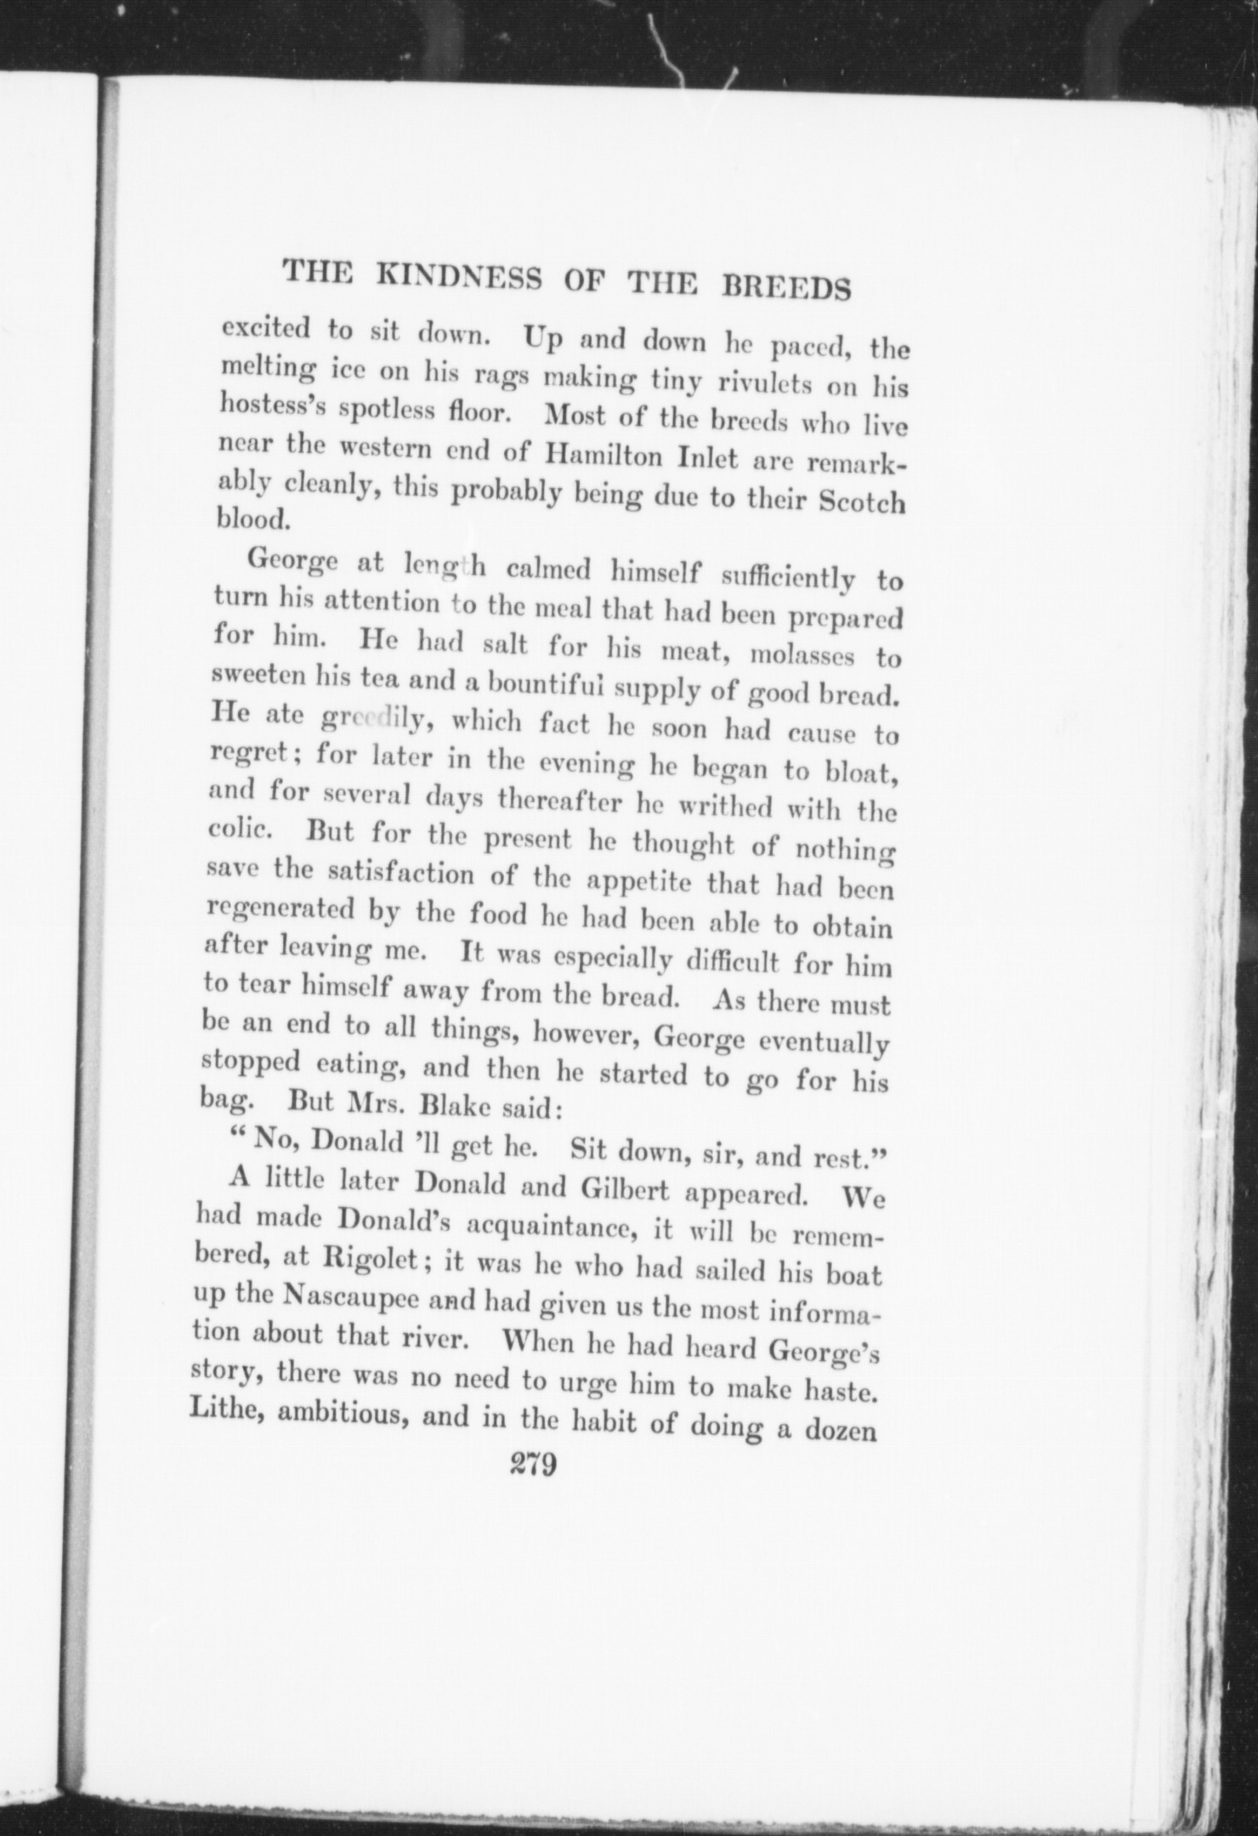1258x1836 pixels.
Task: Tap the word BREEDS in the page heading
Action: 785,288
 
